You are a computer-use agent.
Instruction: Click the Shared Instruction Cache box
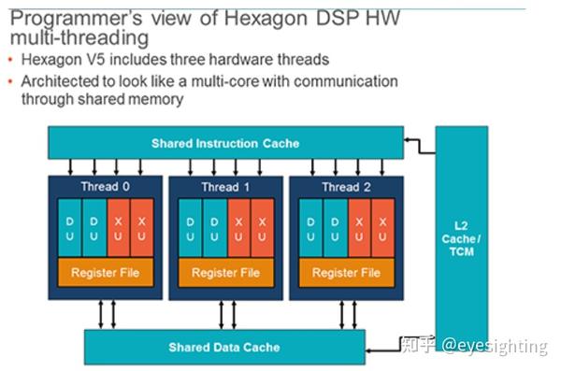click(x=225, y=143)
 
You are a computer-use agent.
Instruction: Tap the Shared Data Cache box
click(x=223, y=347)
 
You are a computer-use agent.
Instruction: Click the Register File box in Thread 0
click(x=105, y=273)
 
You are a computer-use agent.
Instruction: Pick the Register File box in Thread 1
click(x=225, y=273)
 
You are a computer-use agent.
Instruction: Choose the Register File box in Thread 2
click(x=346, y=273)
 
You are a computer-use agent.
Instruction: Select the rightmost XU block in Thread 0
click(x=140, y=228)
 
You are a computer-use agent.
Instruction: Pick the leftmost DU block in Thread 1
click(x=191, y=228)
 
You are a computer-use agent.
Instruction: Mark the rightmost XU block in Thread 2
click(x=381, y=228)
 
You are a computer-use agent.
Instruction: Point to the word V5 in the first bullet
click(x=90, y=60)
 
